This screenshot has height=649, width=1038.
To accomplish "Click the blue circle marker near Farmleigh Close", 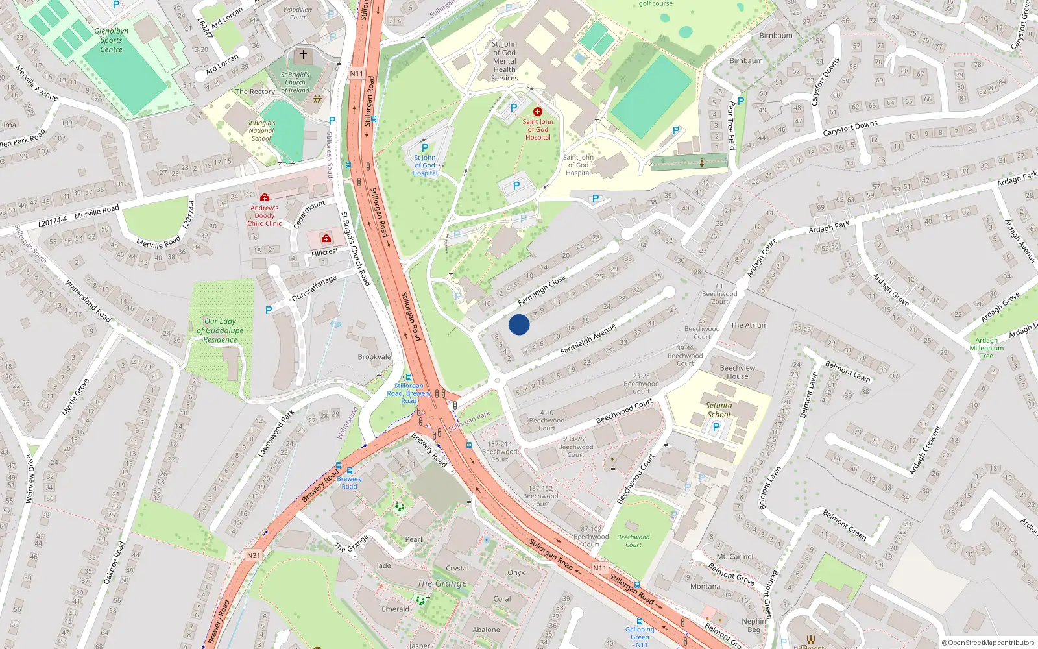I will point(518,324).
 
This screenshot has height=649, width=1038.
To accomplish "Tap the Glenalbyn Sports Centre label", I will point(111,40).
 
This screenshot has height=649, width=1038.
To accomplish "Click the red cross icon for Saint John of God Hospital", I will point(537,112).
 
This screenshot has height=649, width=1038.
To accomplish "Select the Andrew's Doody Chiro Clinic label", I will point(264,215).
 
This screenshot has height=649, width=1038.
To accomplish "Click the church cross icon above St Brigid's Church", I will point(303,55).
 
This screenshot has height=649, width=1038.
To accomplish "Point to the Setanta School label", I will point(718,410).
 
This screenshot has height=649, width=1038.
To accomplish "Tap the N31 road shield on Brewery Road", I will point(253,555).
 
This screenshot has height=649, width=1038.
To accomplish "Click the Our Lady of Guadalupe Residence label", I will point(220,330).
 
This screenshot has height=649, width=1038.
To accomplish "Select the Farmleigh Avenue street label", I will point(587,339).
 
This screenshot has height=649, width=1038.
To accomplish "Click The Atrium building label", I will point(749,325).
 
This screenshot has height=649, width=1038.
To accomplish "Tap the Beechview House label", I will point(737,372).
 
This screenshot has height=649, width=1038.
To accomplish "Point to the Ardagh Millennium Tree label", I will point(986,348).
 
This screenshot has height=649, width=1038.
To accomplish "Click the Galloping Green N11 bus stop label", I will point(640,637).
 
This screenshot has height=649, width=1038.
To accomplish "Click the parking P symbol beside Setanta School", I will point(716,427).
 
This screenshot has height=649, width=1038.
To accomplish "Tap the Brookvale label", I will point(374,357).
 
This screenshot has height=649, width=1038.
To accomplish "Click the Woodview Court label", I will point(298,14).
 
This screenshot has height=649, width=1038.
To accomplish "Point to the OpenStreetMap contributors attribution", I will point(987,643).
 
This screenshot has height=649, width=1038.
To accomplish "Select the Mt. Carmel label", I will point(734,557).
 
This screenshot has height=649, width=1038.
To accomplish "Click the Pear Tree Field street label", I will point(731,125).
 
